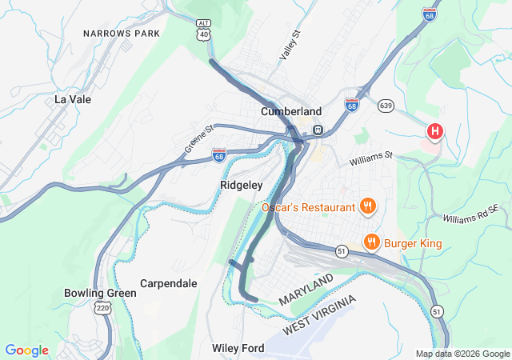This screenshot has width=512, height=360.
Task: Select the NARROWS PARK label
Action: pyautogui.click(x=122, y=34)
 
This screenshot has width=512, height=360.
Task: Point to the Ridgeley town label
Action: pyautogui.click(x=241, y=185)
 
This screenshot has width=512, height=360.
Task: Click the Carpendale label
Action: pyautogui.click(x=168, y=283)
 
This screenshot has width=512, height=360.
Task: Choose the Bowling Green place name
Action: pyautogui.click(x=100, y=293)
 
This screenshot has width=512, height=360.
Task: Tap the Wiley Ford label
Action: pyautogui.click(x=238, y=348)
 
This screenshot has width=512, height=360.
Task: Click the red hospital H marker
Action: pyautogui.click(x=435, y=130)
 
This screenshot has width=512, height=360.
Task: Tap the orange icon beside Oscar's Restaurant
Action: pyautogui.click(x=368, y=207)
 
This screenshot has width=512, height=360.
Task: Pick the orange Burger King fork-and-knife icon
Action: pyautogui.click(x=371, y=241)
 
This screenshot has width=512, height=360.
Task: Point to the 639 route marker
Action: pyautogui.click(x=386, y=105)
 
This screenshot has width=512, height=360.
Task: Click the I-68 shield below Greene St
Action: pyautogui.click(x=219, y=154)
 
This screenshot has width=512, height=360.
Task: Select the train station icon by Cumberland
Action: pyautogui.click(x=318, y=130)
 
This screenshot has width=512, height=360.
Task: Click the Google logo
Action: pyautogui.click(x=26, y=350)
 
